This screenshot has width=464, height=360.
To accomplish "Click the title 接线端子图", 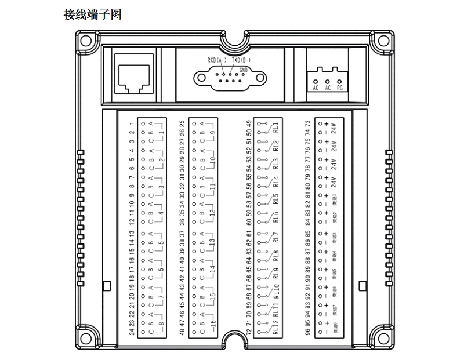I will pyautogui.click(x=92, y=14).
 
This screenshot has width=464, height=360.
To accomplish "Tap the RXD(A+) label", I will pyautogui.click(x=217, y=60).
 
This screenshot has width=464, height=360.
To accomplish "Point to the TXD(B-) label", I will pyautogui.click(x=241, y=60).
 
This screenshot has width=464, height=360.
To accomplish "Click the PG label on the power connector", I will pyautogui.click(x=340, y=88).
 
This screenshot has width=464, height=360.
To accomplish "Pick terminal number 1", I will pyautogui.click(x=132, y=123).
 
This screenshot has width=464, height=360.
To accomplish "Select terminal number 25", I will pyautogui.click(x=183, y=123).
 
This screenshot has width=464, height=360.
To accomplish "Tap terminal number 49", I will pyautogui.click(x=249, y=123).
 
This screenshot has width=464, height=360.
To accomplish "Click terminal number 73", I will pyautogui.click(x=308, y=123).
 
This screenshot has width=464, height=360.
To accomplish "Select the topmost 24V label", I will pyautogui.click(x=335, y=127).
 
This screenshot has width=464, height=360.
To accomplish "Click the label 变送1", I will pyautogui.click(x=335, y=201).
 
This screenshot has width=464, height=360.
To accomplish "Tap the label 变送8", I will pyautogui.click(x=335, y=331).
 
